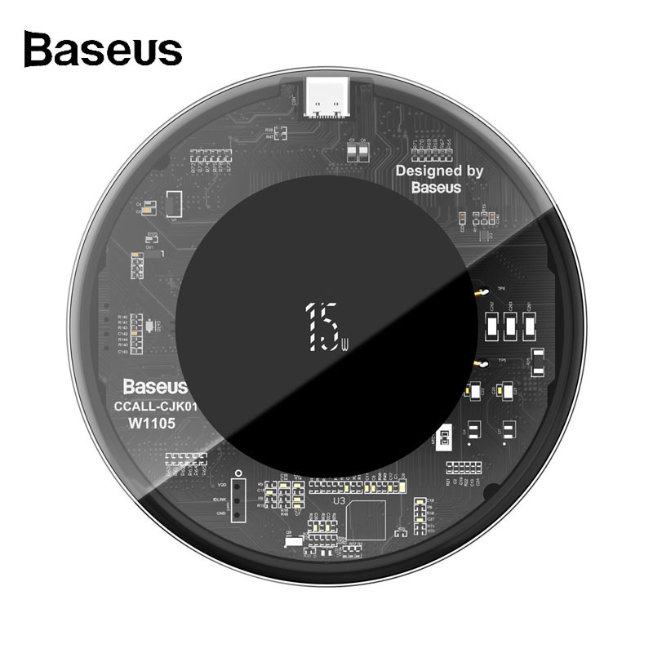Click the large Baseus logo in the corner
coord(103,49)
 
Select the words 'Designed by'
coord(439,171)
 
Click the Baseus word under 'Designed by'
coord(436,187)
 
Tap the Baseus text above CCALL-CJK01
coord(155,386)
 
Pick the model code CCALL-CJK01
coord(155,406)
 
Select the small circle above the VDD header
coord(237,473)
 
